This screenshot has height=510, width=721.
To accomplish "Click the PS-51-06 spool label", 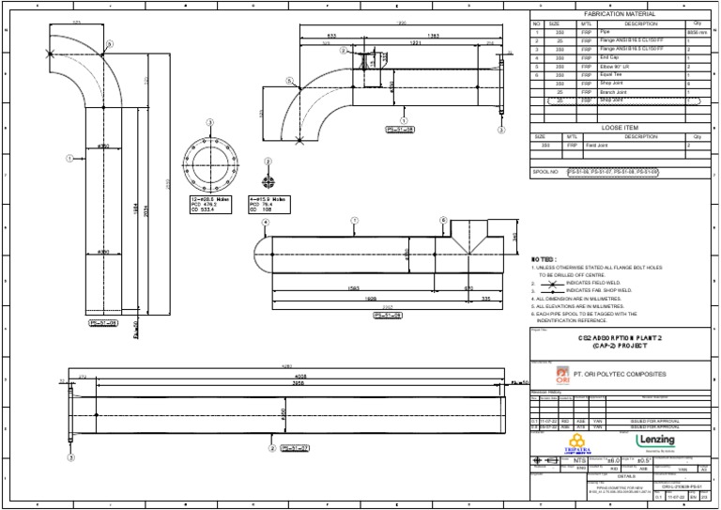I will click(x=103, y=322).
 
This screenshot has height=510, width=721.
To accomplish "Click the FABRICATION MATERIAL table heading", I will click(x=621, y=14).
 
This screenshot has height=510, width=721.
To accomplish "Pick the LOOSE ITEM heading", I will click(x=621, y=126).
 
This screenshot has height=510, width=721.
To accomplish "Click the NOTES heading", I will click(x=545, y=258).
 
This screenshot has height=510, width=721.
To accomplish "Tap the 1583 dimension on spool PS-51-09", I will click(x=328, y=288).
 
